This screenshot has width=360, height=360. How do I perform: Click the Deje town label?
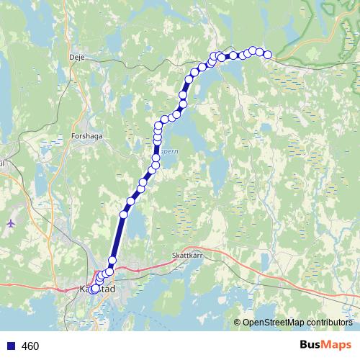[77, 55]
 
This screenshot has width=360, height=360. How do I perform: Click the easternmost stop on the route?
[268, 55]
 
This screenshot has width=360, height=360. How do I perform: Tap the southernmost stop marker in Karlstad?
[94, 289]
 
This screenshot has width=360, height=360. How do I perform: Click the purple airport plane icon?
[10, 222]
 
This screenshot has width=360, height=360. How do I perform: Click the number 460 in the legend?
[30, 346]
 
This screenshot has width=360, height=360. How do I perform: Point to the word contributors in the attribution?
[328, 323]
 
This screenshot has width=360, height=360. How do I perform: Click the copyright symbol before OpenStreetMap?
[238, 323]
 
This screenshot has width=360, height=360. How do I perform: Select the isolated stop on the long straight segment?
[123, 214]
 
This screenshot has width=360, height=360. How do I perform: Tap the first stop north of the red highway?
[112, 261]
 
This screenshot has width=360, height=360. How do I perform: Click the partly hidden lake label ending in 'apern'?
[168, 153]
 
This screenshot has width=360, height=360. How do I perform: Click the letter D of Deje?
[71, 55]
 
